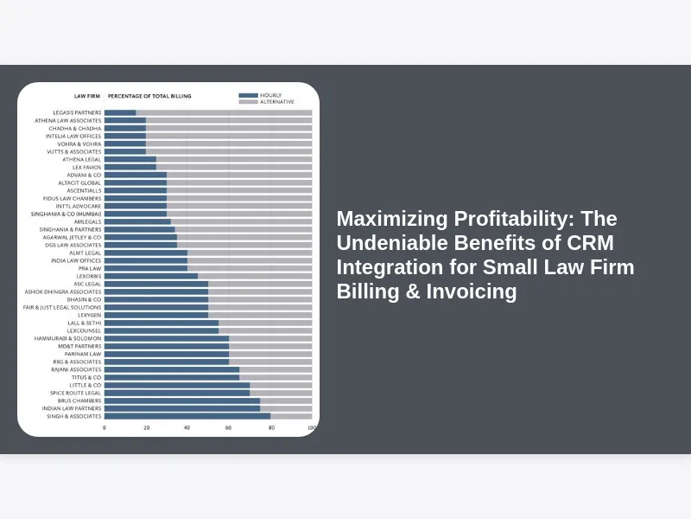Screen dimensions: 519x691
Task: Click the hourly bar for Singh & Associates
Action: point(187,416)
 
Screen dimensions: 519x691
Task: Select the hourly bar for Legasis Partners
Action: point(120,112)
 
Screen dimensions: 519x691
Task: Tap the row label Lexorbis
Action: point(88,276)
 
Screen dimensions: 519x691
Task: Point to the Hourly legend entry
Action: point(270,95)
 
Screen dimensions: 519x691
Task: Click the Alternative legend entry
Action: point(276,102)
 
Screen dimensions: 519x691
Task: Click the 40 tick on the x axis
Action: point(187,427)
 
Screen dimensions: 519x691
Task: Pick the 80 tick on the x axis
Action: point(269,427)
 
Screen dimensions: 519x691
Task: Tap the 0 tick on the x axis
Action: point(105,427)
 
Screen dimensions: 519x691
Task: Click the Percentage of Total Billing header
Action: point(149,96)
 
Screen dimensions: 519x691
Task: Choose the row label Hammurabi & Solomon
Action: point(67,338)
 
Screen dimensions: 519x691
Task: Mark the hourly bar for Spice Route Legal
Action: point(177,393)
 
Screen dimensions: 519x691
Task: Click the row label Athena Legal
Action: point(81,159)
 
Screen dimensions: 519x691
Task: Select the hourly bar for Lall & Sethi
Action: point(162,323)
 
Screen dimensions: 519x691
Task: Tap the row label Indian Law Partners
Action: point(72,408)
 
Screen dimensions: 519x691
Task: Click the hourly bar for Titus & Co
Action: point(172,377)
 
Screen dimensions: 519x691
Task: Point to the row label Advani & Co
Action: point(84,175)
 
